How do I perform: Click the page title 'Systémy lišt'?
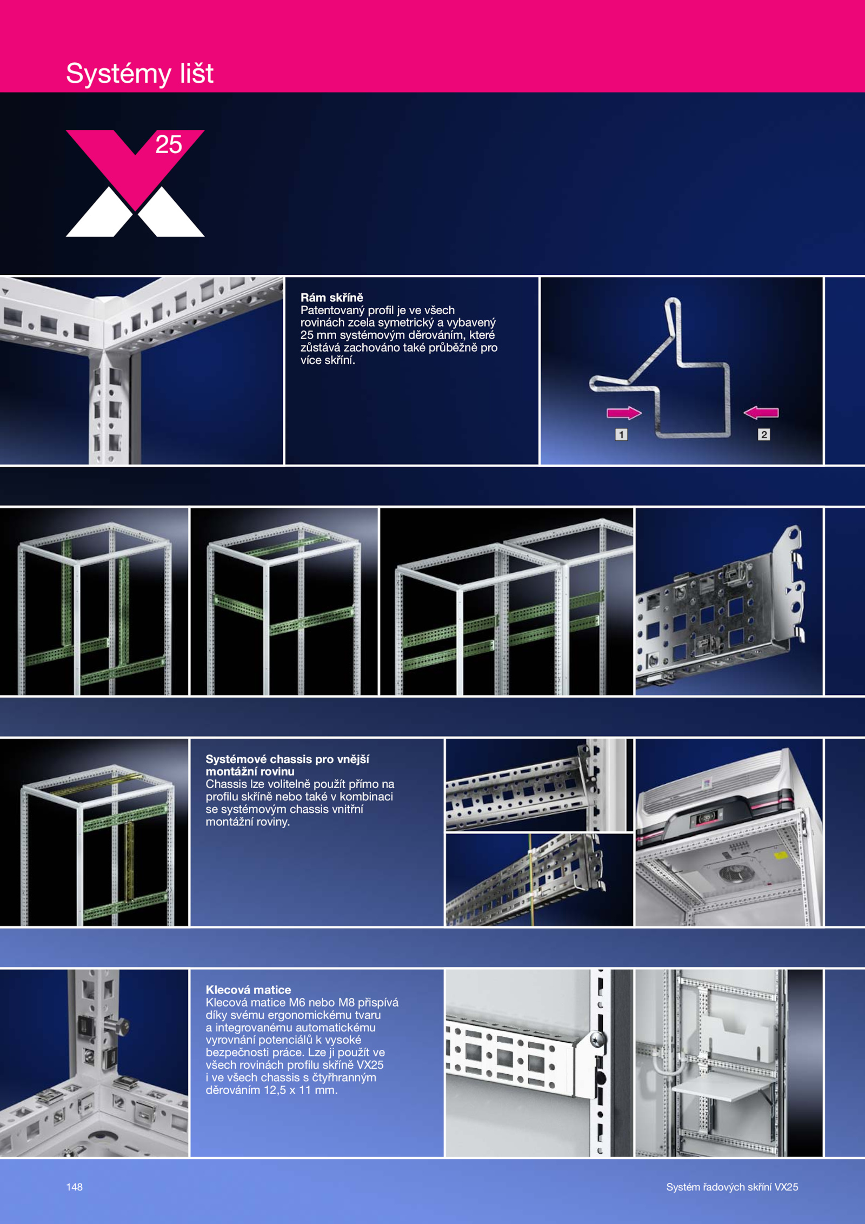click(x=139, y=74)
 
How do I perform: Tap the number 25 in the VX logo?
click(x=169, y=144)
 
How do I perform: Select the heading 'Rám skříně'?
click(x=332, y=297)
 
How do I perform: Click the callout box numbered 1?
click(x=621, y=434)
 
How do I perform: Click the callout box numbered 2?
click(x=764, y=434)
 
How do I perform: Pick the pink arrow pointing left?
click(x=761, y=413)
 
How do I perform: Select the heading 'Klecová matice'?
click(x=248, y=990)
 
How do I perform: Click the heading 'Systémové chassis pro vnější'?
click(x=287, y=759)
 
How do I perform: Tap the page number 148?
click(x=74, y=1187)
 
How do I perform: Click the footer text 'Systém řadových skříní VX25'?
click(x=732, y=1187)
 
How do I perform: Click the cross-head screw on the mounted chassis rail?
click(x=596, y=1038)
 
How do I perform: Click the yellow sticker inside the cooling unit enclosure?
click(x=780, y=856)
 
